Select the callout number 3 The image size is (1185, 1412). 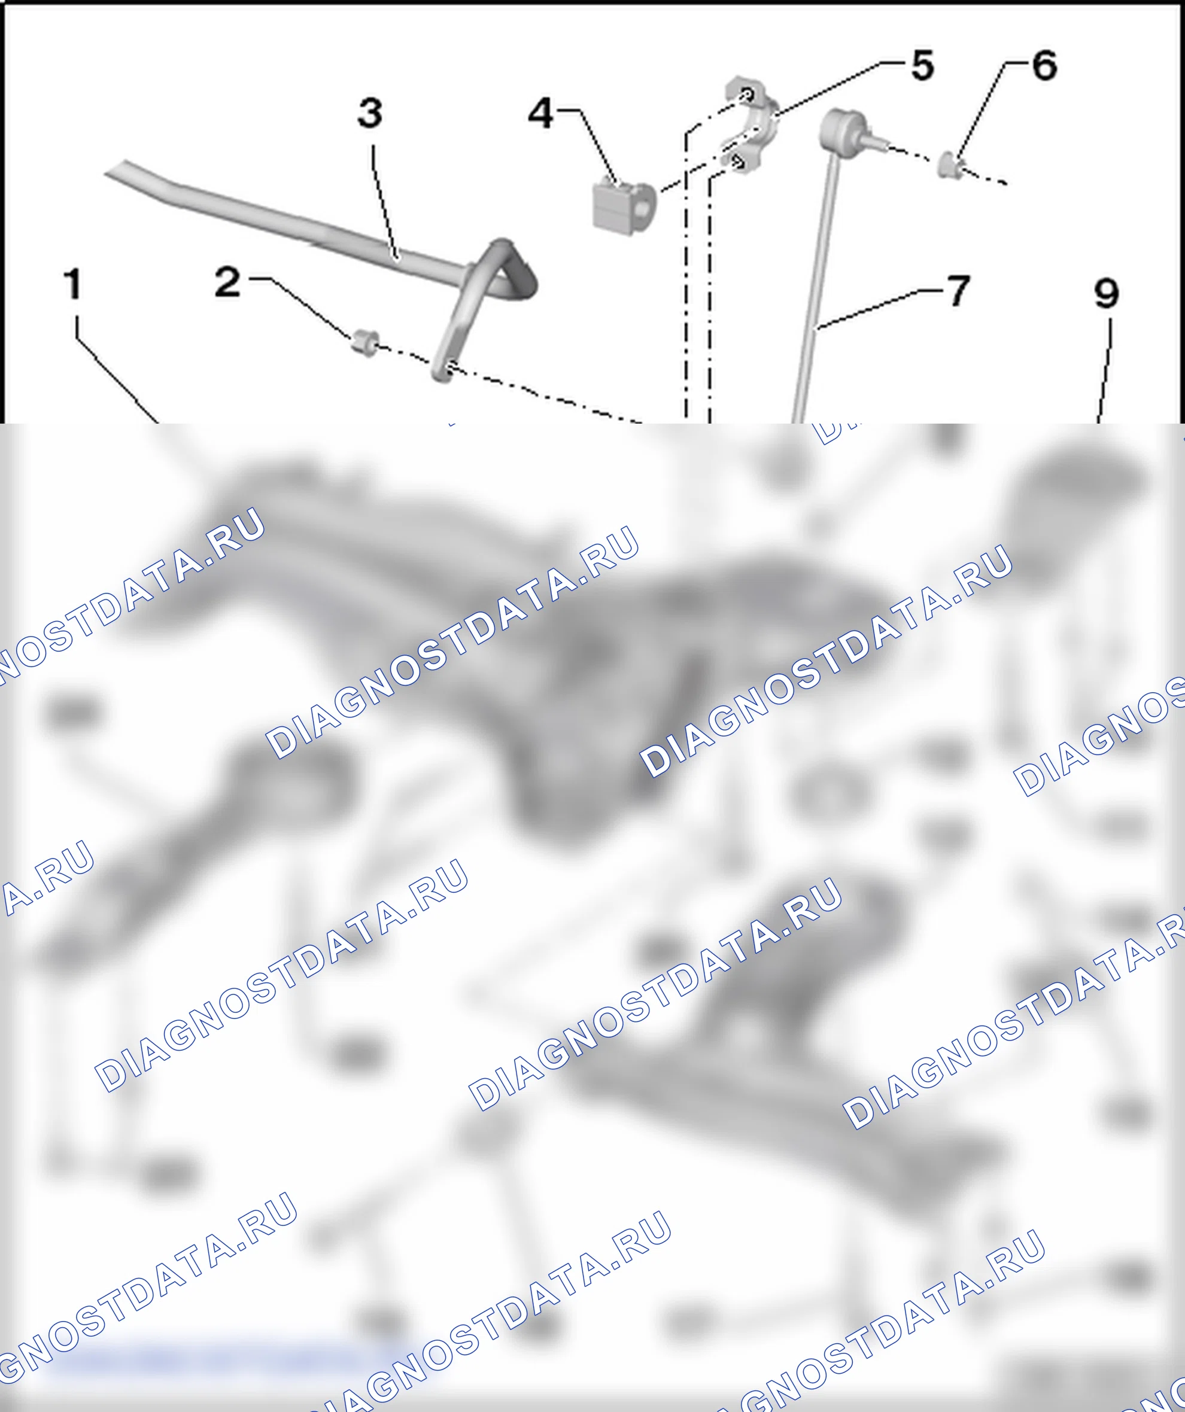(x=370, y=112)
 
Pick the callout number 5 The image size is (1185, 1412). (x=923, y=65)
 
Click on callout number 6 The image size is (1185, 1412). (x=1044, y=65)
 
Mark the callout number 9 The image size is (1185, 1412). (x=1107, y=293)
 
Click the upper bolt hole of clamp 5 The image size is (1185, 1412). (x=746, y=94)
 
